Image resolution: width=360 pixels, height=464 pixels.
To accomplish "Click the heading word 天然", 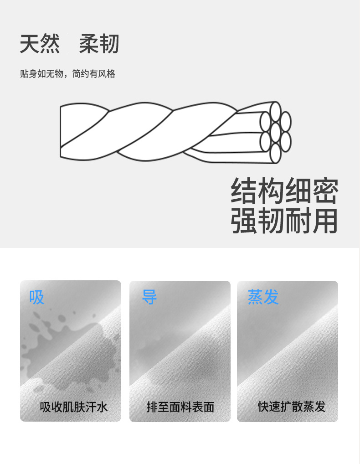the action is pyautogui.click(x=40, y=44).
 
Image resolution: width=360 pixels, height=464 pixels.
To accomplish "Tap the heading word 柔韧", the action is pyautogui.click(x=99, y=44).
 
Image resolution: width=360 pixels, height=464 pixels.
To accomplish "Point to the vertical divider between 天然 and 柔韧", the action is pyautogui.click(x=69, y=44).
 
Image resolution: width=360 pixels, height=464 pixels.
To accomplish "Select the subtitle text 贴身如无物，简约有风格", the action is pyautogui.click(x=67, y=74).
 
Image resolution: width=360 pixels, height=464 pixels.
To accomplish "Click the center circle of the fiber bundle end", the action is pyautogui.click(x=275, y=132).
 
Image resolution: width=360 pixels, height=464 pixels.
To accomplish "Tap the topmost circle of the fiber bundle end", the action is pyautogui.click(x=275, y=112).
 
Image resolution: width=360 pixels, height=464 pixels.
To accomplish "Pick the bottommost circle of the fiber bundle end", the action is pyautogui.click(x=275, y=153).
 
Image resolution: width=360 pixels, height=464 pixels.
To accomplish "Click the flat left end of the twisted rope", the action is pyautogui.click(x=60, y=132).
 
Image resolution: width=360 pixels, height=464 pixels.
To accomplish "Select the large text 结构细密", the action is pyautogui.click(x=284, y=191).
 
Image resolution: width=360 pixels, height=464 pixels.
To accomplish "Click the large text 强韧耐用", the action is pyautogui.click(x=284, y=221).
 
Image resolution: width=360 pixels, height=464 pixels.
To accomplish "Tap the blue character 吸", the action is pyautogui.click(x=36, y=297).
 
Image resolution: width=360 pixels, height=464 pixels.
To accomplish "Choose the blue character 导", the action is pyautogui.click(x=149, y=297).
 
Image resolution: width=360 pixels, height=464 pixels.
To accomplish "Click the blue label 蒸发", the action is pyautogui.click(x=263, y=297).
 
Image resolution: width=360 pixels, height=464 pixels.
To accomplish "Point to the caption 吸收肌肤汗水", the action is pyautogui.click(x=74, y=407).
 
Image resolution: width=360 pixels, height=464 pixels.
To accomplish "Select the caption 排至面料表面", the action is pyautogui.click(x=180, y=407).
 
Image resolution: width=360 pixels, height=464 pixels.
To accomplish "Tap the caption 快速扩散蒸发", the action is pyautogui.click(x=292, y=407).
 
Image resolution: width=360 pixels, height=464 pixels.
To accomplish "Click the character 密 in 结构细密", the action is pyautogui.click(x=325, y=191).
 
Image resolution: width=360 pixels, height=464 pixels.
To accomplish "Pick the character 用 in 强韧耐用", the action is pyautogui.click(x=325, y=221).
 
